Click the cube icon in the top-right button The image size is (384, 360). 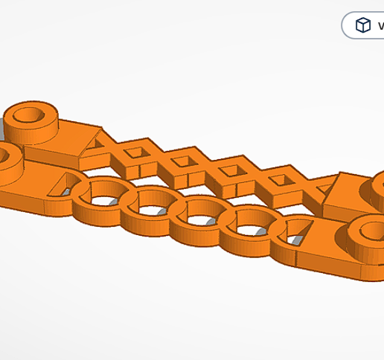click(x=363, y=25)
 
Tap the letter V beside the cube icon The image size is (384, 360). click(x=380, y=26)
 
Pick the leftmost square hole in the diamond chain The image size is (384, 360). click(x=135, y=152)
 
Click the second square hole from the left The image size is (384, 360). click(x=182, y=161)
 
